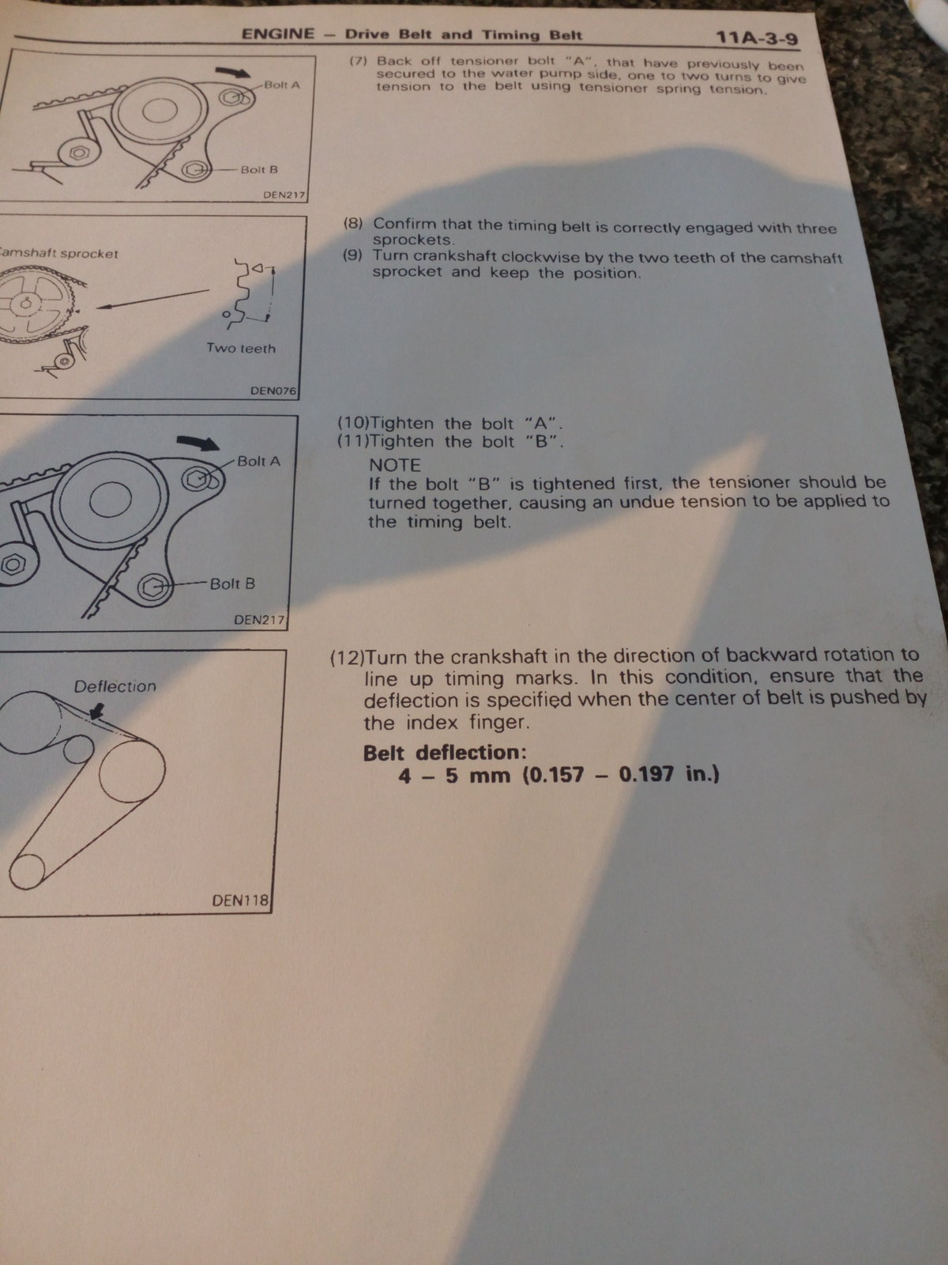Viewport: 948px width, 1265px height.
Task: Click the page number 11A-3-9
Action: tap(757, 39)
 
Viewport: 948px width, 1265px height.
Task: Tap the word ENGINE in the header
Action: tap(278, 33)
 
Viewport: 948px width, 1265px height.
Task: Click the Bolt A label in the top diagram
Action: tap(282, 85)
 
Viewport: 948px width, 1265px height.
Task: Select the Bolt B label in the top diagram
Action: tap(259, 169)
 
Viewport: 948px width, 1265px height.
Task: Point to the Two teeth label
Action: tap(241, 348)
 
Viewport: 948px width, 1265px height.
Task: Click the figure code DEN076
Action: tap(273, 390)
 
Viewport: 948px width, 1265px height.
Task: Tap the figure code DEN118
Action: tap(241, 900)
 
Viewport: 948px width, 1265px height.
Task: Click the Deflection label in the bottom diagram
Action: tap(115, 685)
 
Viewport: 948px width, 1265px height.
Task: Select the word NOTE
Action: tap(395, 465)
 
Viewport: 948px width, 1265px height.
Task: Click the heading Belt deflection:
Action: tap(445, 753)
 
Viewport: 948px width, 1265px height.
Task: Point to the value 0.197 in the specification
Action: tap(645, 773)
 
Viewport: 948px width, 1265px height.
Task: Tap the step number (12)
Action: tap(348, 658)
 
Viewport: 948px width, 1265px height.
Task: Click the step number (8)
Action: tap(353, 223)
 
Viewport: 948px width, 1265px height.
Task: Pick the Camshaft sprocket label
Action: tap(58, 253)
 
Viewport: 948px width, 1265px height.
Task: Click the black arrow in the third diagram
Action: tap(198, 442)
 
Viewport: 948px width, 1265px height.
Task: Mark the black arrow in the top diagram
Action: tap(233, 72)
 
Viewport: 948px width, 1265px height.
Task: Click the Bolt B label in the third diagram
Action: tap(232, 583)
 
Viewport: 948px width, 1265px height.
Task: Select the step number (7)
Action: tap(359, 60)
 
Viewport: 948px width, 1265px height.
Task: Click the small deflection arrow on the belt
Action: tap(96, 711)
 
